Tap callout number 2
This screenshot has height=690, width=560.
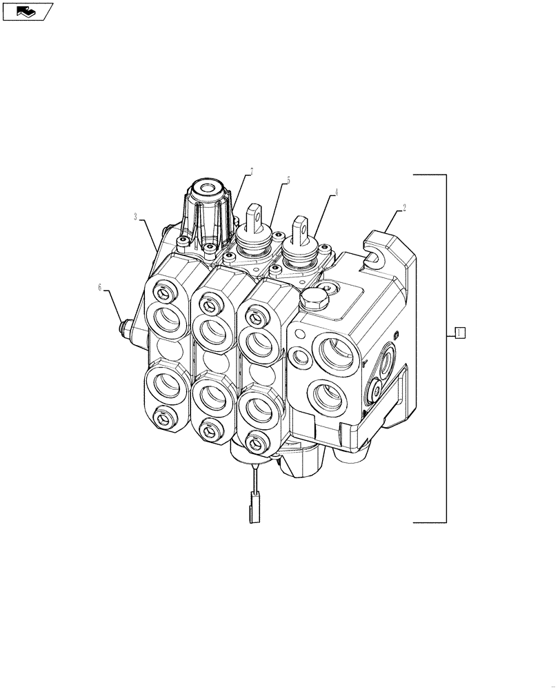click(405, 206)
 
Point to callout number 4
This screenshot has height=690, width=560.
click(336, 194)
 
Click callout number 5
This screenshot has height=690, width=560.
click(288, 180)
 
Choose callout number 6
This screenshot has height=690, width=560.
click(100, 286)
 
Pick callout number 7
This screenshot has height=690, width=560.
click(252, 170)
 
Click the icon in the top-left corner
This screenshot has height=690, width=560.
click(28, 10)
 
